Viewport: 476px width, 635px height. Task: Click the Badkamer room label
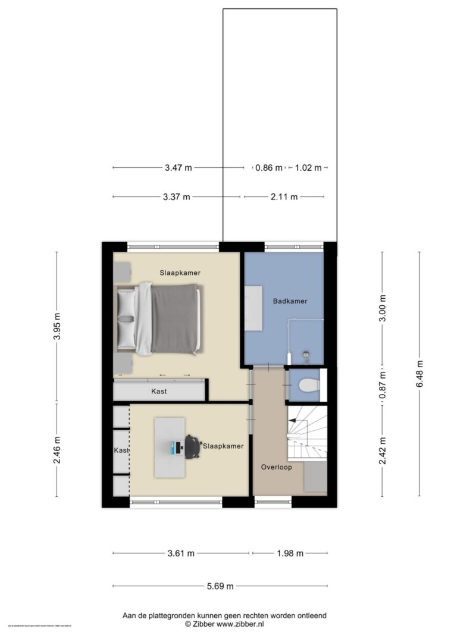pos(290,301)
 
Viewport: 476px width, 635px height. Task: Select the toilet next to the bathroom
pos(309,386)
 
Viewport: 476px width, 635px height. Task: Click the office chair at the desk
pos(192,447)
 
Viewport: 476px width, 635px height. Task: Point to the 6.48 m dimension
pos(420,374)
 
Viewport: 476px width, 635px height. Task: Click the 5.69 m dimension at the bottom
pos(220,586)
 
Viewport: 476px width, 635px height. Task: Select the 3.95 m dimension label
pos(57,326)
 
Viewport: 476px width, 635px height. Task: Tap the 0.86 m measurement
pos(269,168)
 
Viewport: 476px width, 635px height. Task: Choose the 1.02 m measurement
pos(309,168)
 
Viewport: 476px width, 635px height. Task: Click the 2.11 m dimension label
pos(284,197)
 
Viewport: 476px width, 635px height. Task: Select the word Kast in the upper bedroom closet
pos(158,392)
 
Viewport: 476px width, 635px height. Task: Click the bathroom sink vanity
pos(255,306)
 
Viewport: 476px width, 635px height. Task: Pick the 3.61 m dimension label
pos(181,553)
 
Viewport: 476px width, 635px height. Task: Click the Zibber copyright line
pos(224,624)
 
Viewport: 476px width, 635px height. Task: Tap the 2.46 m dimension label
pos(57,449)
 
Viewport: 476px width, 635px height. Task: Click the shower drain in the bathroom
pos(306,353)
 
